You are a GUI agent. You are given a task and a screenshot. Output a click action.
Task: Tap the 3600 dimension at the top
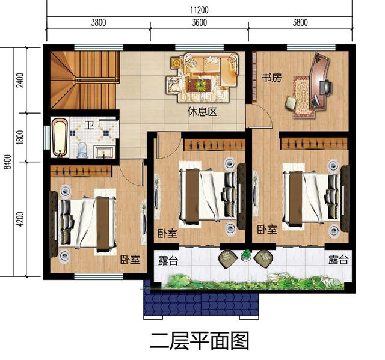(199, 23)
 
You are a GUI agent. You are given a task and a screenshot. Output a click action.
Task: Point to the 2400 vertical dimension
(20, 79)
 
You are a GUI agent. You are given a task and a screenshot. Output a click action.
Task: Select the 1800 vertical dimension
(20, 137)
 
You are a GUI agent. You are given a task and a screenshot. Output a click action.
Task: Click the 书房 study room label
(272, 78)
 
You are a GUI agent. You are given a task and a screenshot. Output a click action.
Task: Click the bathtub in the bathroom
(59, 138)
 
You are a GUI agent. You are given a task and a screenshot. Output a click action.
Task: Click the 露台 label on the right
(338, 260)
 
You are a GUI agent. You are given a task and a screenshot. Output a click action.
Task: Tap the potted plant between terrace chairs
(246, 255)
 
